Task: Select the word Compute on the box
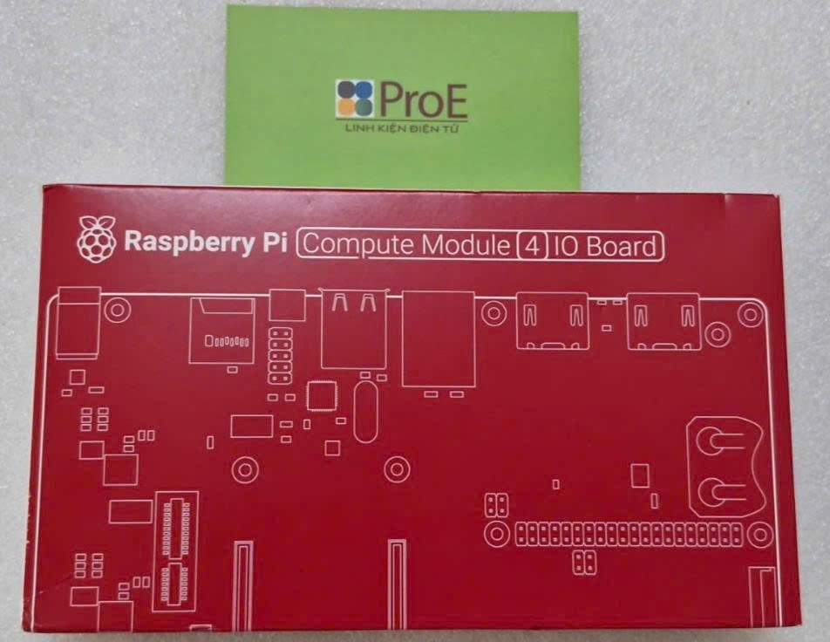click(358, 245)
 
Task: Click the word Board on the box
click(621, 245)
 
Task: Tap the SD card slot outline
click(221, 331)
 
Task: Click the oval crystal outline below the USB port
click(364, 408)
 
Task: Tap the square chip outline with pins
click(321, 397)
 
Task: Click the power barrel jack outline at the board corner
click(77, 325)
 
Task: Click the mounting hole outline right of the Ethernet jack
click(494, 313)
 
